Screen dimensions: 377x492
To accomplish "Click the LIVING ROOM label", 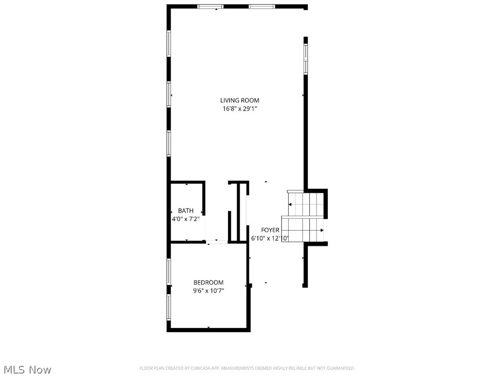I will pyautogui.click(x=240, y=100).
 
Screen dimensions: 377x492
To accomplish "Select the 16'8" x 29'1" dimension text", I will pyautogui.click(x=240, y=109).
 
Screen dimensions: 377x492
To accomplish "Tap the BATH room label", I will pyautogui.click(x=185, y=211).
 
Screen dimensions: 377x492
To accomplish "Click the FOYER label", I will pyautogui.click(x=270, y=230).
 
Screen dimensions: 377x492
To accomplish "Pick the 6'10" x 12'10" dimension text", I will pyautogui.click(x=270, y=238).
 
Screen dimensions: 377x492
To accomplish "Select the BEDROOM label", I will pyautogui.click(x=208, y=282).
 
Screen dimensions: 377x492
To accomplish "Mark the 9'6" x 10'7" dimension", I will pyautogui.click(x=208, y=291).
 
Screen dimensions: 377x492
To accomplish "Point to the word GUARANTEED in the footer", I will pyautogui.click(x=340, y=368).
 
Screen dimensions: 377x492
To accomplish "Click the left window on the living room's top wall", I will pyautogui.click(x=210, y=6).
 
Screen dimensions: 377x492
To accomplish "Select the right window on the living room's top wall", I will pyautogui.click(x=262, y=6).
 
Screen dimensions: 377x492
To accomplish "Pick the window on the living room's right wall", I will pyautogui.click(x=306, y=59).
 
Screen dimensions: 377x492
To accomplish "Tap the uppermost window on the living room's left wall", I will pyautogui.click(x=169, y=44).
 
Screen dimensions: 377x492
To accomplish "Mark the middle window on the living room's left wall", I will pyautogui.click(x=169, y=94).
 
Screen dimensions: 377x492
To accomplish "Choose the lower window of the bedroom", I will pyautogui.click(x=169, y=307).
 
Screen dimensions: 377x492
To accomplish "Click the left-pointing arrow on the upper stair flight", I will pyautogui.click(x=291, y=204).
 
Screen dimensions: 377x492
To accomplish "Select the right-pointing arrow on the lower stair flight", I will pyautogui.click(x=321, y=230).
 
